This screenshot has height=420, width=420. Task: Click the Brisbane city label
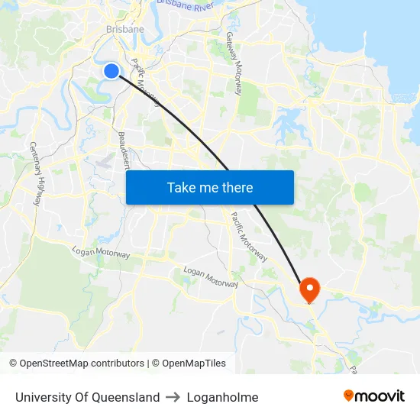tap(125, 29)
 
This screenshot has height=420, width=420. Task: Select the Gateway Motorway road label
tap(233, 63)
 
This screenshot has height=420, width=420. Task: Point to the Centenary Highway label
tap(36, 173)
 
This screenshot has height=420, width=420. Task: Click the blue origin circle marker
tap(111, 71)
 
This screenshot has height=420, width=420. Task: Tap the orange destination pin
tap(309, 289)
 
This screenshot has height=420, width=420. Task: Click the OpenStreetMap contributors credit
tap(77, 363)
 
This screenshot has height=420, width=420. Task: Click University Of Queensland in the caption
tap(87, 397)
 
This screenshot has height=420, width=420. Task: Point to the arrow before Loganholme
tap(173, 397)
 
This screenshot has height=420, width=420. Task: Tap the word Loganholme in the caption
tap(222, 397)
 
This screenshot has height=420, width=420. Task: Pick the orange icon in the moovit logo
tap(349, 396)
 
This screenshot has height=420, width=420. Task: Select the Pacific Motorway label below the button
tap(249, 237)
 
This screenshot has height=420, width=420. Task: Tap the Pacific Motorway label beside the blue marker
tap(145, 80)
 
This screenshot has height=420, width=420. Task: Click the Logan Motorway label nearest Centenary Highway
tap(101, 253)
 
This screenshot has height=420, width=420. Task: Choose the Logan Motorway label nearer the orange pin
tap(211, 276)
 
